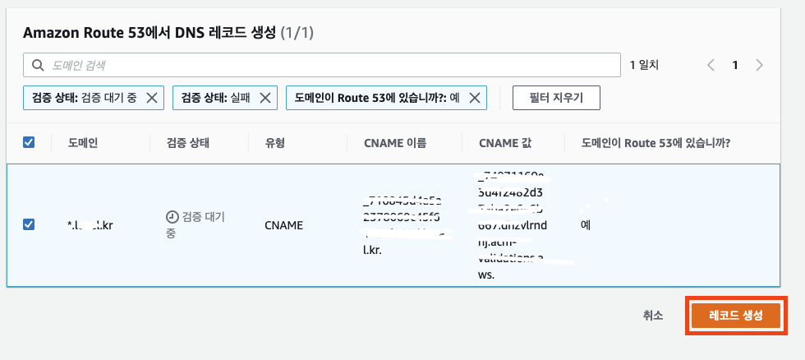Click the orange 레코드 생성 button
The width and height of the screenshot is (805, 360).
735,316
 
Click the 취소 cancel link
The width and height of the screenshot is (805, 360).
653,316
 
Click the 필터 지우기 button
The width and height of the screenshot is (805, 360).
556,98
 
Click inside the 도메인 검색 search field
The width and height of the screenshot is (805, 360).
329,65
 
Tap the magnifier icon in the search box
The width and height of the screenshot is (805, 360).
37,65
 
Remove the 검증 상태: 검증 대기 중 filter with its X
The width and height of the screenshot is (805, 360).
152,98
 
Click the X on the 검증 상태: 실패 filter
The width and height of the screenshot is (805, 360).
264,98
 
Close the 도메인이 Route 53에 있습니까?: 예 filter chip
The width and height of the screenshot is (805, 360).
474,98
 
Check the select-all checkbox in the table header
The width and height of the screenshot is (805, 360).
29,142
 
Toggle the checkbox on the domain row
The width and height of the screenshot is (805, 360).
29,224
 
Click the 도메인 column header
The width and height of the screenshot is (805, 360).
82,142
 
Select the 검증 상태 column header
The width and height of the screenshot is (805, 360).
188,142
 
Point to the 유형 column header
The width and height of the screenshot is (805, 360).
274,142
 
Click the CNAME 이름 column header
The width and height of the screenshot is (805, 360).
395,142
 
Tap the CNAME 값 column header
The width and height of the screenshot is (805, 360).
505,142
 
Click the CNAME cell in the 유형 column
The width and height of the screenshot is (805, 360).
284,224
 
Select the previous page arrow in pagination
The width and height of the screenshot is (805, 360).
711,65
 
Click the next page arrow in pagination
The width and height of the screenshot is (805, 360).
760,65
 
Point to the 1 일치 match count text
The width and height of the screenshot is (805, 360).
644,65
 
